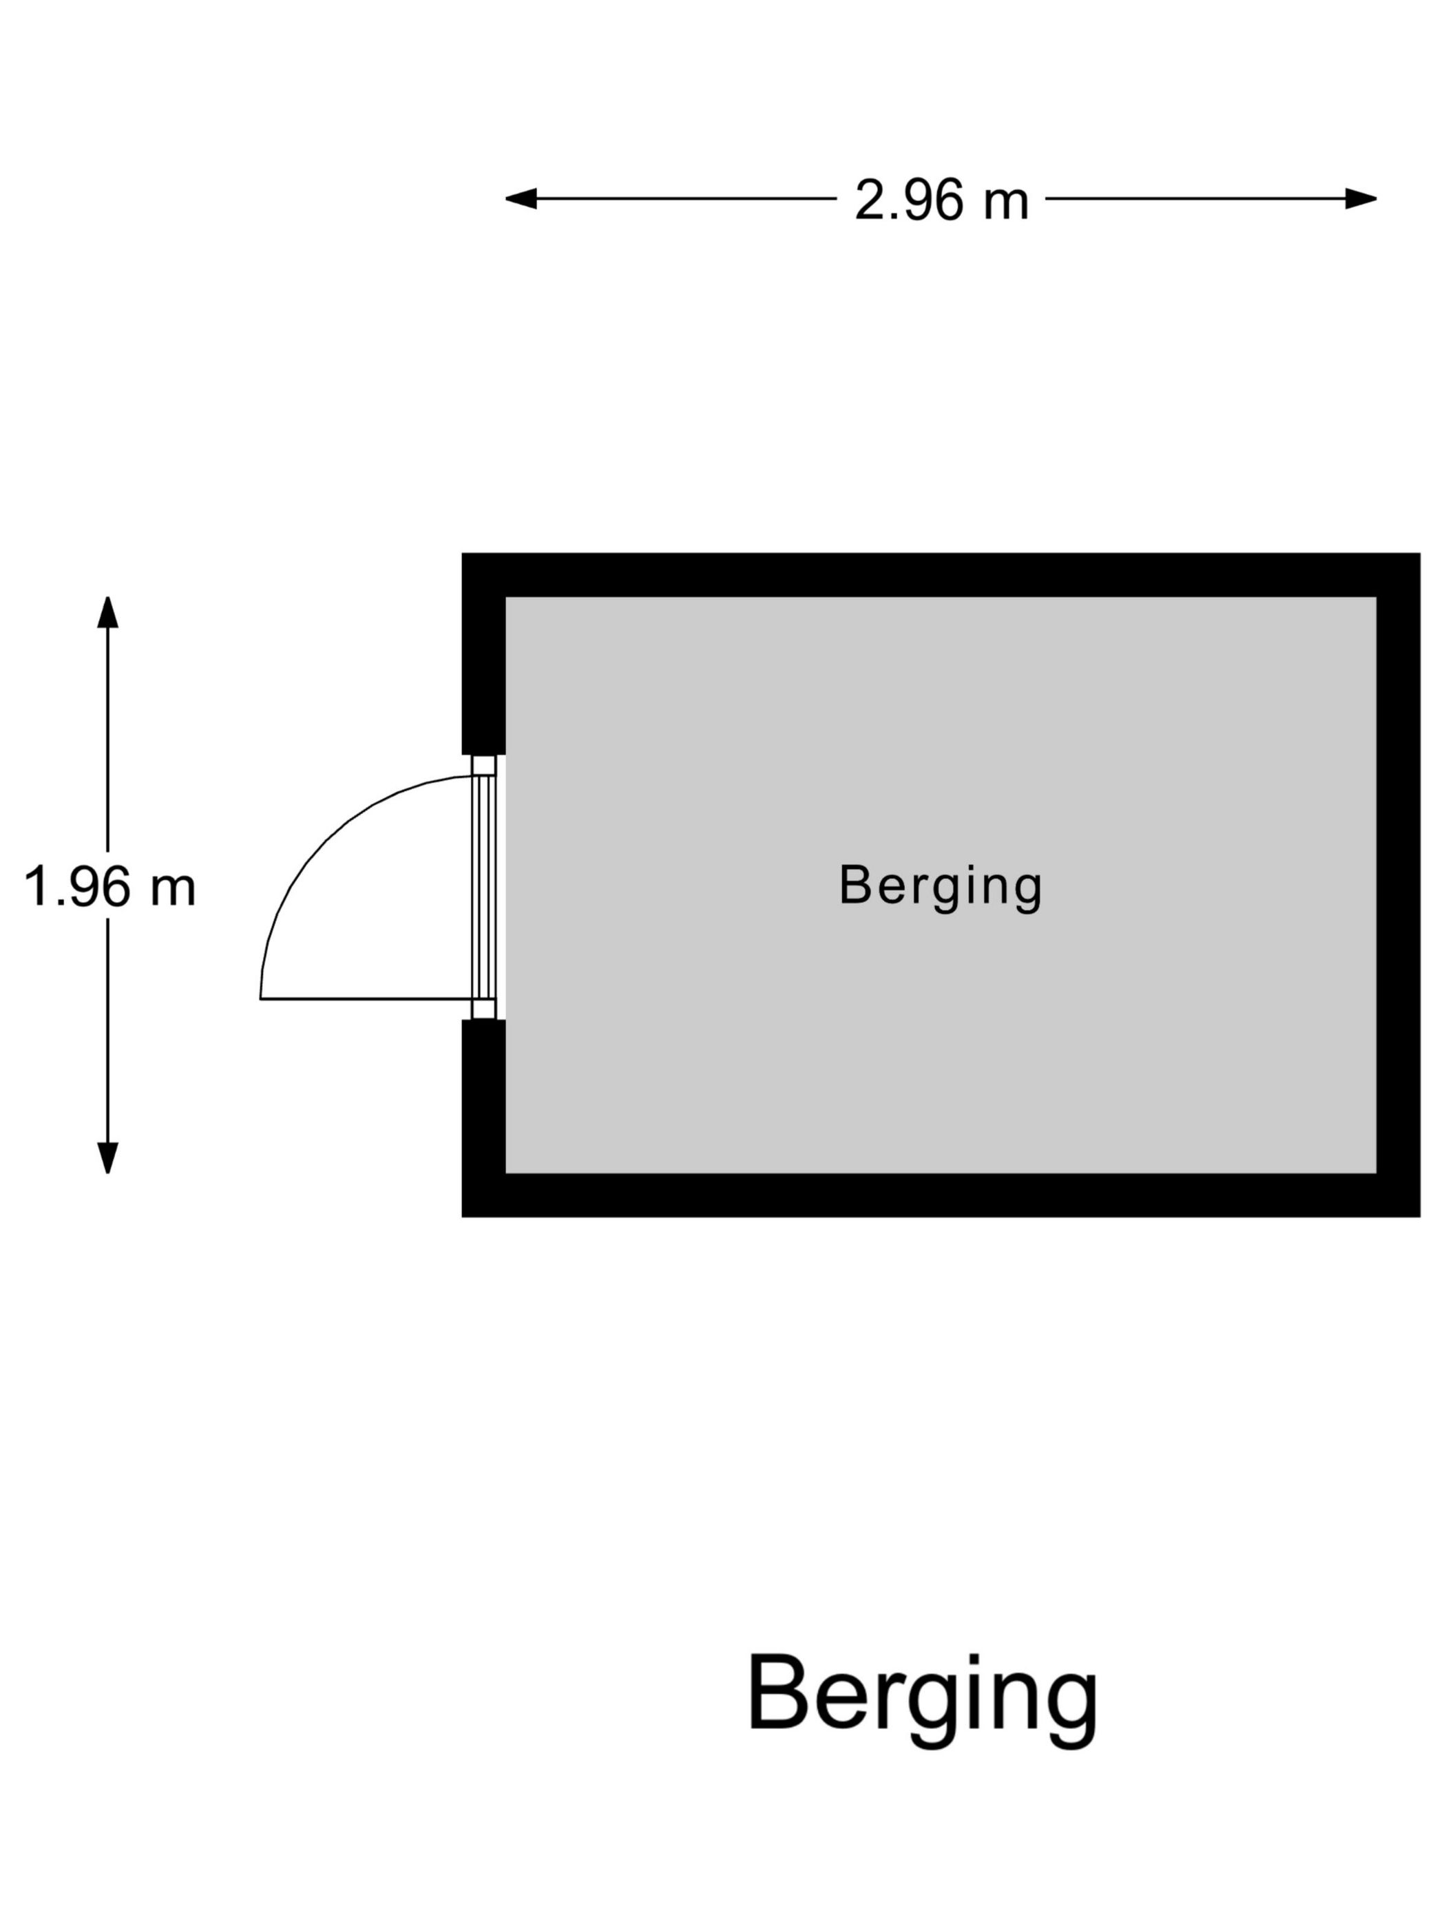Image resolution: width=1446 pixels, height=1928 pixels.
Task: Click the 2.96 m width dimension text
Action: click(941, 200)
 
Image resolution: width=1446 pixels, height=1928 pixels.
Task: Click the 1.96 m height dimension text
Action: click(109, 888)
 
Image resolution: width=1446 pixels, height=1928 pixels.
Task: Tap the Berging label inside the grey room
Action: click(940, 886)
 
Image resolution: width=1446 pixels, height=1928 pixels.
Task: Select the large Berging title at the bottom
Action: click(921, 1695)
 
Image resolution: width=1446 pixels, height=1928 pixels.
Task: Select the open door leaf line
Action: click(366, 999)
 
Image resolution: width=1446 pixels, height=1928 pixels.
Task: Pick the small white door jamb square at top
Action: click(483, 765)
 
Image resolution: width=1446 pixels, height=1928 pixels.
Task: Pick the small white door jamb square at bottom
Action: click(483, 1009)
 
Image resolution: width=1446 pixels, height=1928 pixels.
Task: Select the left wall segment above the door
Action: click(483, 662)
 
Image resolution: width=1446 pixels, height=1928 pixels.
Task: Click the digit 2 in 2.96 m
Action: click(869, 200)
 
